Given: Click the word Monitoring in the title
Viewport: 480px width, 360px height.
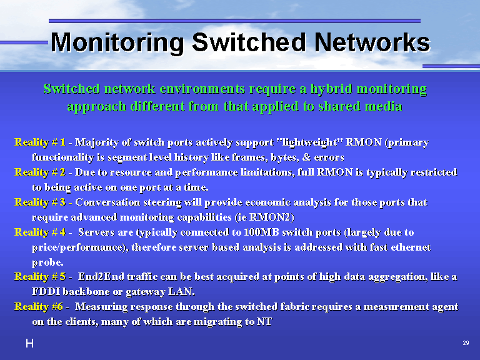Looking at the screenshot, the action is coord(117,43).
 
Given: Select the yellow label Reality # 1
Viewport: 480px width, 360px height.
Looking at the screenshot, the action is coord(40,142).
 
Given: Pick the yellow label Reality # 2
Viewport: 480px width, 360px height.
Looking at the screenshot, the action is coord(40,172).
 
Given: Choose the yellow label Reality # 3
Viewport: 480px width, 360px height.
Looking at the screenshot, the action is coord(40,202).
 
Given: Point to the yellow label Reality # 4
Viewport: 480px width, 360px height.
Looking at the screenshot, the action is coord(40,232).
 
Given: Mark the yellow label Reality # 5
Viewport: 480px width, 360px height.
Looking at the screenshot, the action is coord(40,277).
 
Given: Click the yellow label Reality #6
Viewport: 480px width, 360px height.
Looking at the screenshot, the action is coord(39,307).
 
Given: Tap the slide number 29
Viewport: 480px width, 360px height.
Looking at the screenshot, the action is coord(466,343).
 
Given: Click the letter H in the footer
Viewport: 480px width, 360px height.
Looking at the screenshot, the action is coord(30,344).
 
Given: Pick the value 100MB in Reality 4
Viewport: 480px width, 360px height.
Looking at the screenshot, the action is coord(261,232).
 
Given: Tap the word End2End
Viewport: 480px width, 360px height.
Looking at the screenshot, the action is coord(101,277).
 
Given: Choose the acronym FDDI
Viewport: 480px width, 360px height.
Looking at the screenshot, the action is coord(46,291).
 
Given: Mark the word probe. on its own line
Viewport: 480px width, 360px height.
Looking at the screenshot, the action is coord(47,262).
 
